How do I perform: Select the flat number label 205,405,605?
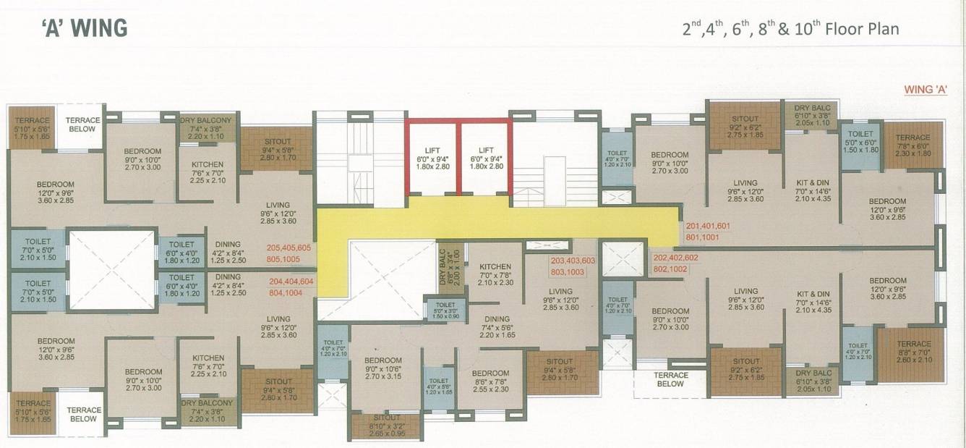click(x=289, y=248)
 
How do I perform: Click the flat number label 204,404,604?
click(x=291, y=282)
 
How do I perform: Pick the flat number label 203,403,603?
click(x=573, y=261)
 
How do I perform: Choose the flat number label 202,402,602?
click(x=676, y=257)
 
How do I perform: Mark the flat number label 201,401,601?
click(x=708, y=226)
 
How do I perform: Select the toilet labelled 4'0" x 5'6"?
click(x=438, y=386)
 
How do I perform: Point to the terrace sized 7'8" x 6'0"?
click(x=913, y=145)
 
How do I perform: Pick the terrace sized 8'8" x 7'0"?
click(x=913, y=352)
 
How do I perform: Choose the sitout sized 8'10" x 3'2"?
click(x=385, y=426)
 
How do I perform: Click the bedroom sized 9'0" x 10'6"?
click(x=383, y=368)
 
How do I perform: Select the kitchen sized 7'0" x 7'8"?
click(x=495, y=274)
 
